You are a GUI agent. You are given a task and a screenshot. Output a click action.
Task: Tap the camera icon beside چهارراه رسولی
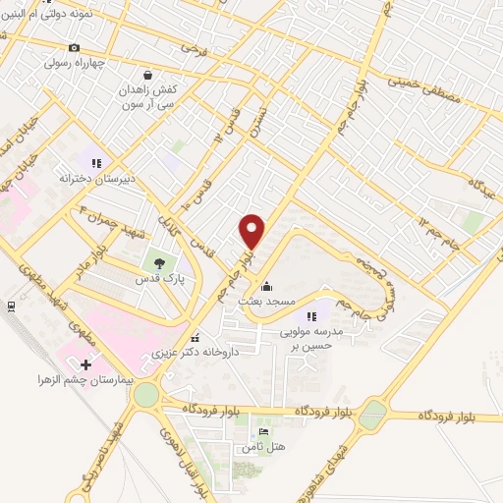(x=75, y=47)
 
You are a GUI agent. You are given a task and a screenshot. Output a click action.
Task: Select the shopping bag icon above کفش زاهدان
(x=147, y=73)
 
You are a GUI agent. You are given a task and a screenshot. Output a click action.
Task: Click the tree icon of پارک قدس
(x=156, y=262)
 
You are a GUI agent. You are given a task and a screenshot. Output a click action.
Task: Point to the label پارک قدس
(x=152, y=280)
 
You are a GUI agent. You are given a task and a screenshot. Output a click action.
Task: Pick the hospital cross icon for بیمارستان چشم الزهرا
(x=86, y=365)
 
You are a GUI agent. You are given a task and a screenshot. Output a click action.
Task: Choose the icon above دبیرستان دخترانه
(x=95, y=163)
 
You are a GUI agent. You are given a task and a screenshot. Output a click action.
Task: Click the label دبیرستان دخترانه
(x=88, y=179)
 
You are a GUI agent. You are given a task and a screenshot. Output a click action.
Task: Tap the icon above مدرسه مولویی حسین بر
(x=313, y=315)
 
